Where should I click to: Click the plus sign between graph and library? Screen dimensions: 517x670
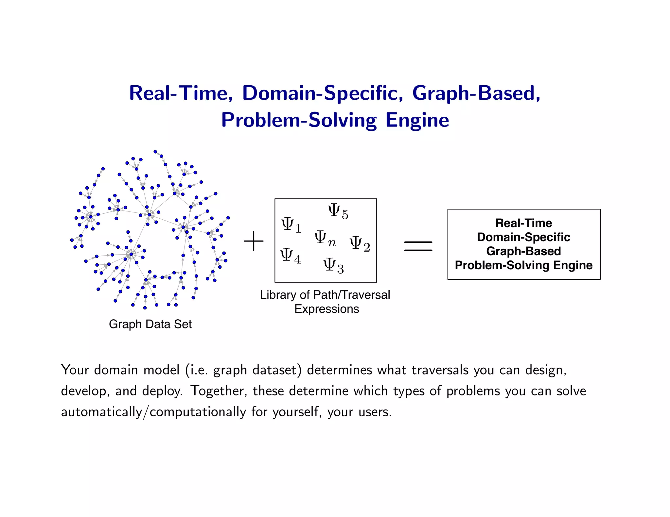[254, 242]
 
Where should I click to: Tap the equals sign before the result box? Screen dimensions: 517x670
[418, 246]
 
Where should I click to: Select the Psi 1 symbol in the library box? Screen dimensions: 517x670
[291, 225]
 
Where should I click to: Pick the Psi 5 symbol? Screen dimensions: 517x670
[338, 211]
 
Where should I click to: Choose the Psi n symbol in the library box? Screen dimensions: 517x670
[325, 238]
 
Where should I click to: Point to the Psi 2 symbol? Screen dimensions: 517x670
[360, 244]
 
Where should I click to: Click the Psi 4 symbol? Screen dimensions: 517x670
[291, 256]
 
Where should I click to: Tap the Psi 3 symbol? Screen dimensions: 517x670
[333, 265]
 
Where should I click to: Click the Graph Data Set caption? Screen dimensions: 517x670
[150, 324]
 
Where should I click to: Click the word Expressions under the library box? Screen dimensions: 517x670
[326, 309]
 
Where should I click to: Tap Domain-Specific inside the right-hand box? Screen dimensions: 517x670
[523, 237]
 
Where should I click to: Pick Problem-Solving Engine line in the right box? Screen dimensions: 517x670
[523, 265]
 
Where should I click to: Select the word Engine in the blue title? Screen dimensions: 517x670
[417, 120]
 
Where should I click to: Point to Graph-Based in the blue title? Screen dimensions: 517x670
[476, 93]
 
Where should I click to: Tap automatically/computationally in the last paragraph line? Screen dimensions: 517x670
[153, 412]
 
